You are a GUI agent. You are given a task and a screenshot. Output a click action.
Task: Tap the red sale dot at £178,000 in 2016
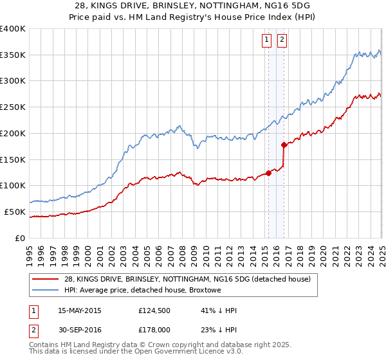click(x=284, y=145)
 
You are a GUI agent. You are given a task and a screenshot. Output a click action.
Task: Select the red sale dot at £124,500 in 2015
click(x=268, y=172)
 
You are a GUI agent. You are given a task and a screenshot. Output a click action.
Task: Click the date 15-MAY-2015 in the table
click(x=80, y=310)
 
